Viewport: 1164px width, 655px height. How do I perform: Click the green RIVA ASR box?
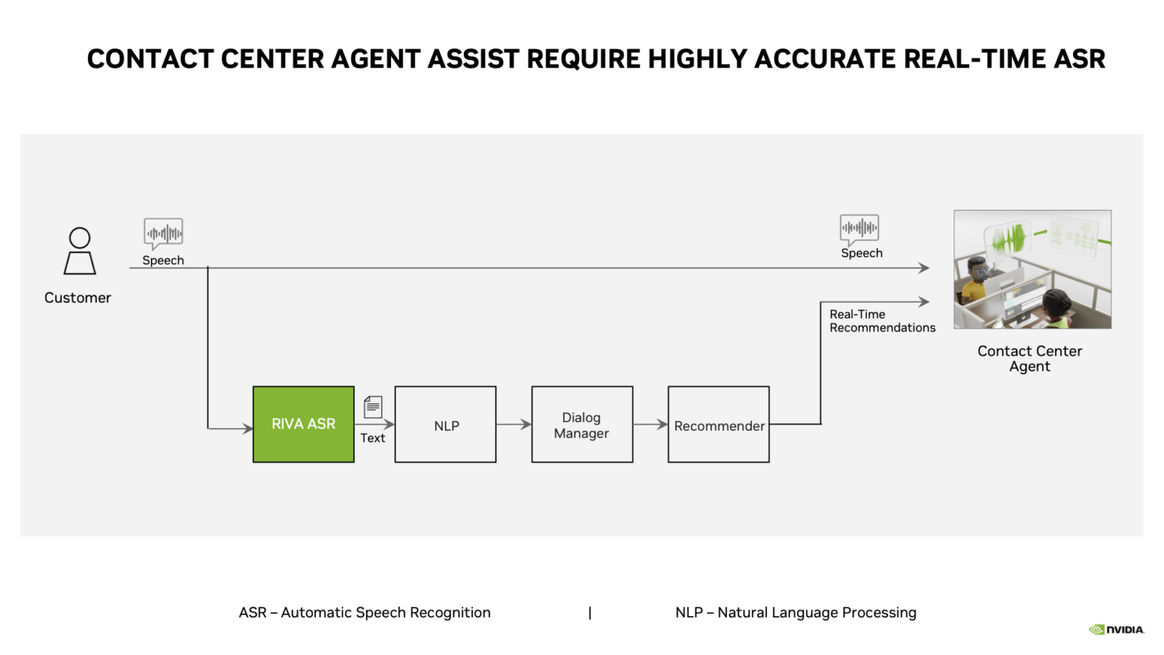(x=303, y=424)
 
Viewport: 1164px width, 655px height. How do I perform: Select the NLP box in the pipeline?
(x=446, y=425)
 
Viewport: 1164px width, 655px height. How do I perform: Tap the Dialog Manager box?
(x=582, y=425)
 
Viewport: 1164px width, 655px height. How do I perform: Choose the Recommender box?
(x=718, y=425)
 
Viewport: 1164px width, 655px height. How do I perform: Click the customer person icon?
(x=80, y=251)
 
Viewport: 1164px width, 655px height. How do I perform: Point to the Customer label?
(x=77, y=298)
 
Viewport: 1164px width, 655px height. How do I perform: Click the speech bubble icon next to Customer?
(x=164, y=233)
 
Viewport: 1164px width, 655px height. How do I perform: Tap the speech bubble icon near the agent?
(x=859, y=227)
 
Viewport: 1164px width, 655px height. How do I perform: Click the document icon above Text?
(x=373, y=407)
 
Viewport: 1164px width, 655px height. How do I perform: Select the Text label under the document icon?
(x=372, y=437)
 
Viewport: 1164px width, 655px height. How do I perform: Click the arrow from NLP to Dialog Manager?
(x=514, y=425)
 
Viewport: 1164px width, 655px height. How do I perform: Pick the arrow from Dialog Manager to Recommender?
(x=650, y=425)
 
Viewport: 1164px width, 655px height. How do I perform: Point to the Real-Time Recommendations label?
(x=881, y=321)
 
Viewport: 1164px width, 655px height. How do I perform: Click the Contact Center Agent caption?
(x=1029, y=359)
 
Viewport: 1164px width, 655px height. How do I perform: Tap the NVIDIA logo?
(x=1116, y=629)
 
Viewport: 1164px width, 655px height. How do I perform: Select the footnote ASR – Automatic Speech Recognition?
(x=365, y=613)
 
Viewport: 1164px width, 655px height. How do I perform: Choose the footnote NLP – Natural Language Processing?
(x=796, y=613)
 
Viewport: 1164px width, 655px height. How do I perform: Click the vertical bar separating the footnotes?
(x=590, y=613)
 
